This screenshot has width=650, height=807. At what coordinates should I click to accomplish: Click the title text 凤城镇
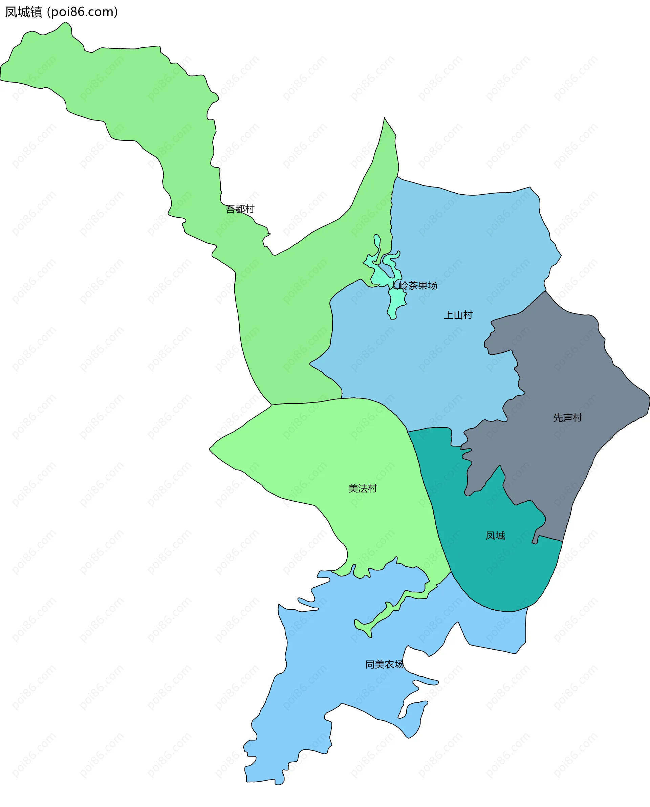coord(24,12)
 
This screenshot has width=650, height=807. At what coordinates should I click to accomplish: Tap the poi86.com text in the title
coord(83,12)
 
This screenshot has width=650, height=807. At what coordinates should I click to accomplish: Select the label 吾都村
coord(240,209)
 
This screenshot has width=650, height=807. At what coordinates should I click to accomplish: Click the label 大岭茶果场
coord(413,286)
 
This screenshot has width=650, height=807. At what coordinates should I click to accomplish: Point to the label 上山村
coord(458,315)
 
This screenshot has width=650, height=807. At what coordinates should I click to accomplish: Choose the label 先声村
coord(568,418)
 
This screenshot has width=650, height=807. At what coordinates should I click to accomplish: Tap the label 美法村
coord(363,488)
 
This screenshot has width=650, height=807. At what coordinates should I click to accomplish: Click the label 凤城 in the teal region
coord(495,536)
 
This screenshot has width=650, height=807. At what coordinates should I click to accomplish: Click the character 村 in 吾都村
coord(250,209)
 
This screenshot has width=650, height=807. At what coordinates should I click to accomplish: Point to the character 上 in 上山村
coord(449,315)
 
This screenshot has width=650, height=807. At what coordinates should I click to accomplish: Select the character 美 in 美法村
coord(353,488)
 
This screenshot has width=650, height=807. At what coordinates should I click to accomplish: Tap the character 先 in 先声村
coord(558,418)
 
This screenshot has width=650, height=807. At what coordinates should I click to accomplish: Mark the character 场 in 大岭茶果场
coord(432,286)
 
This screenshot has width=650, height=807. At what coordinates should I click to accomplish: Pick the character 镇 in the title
coord(36,12)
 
